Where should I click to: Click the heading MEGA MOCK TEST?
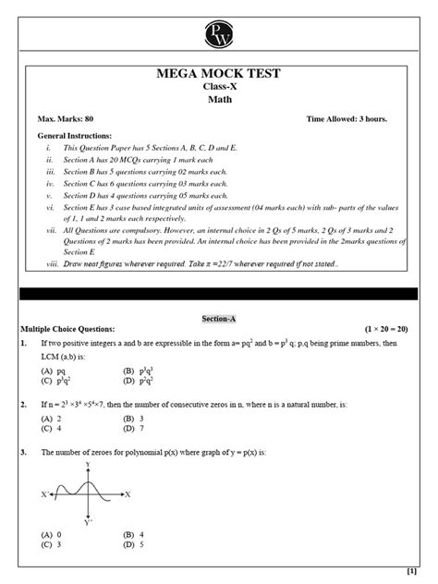point(219,74)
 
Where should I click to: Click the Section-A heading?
point(219,318)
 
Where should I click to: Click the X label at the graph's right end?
point(128,494)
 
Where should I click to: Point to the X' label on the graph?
point(44,494)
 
